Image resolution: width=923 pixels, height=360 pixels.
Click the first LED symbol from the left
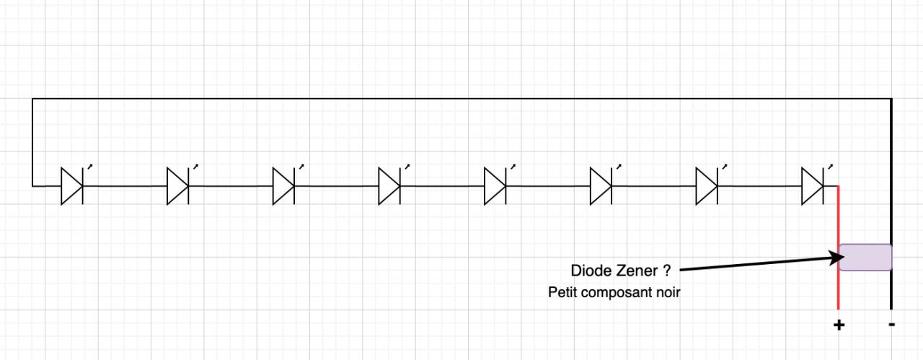pyautogui.click(x=71, y=186)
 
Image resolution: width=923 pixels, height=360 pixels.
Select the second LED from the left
pyautogui.click(x=177, y=186)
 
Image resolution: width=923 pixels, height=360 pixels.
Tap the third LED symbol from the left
pyautogui.click(x=283, y=186)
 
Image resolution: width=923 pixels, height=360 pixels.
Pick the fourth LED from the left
pyautogui.click(x=389, y=186)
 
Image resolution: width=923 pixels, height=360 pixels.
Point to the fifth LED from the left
pyautogui.click(x=495, y=186)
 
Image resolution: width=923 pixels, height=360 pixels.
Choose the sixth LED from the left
pyautogui.click(x=601, y=186)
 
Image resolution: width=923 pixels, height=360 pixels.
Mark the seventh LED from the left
pyautogui.click(x=707, y=186)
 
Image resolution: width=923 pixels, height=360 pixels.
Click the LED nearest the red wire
pyautogui.click(x=813, y=186)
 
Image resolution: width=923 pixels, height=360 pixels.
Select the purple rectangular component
pyautogui.click(x=865, y=258)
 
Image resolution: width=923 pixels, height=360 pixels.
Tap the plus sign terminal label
pyautogui.click(x=839, y=325)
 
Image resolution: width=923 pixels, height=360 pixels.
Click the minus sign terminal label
pyautogui.click(x=892, y=325)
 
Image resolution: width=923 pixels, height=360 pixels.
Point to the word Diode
pyautogui.click(x=589, y=271)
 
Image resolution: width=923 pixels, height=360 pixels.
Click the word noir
pyautogui.click(x=667, y=293)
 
